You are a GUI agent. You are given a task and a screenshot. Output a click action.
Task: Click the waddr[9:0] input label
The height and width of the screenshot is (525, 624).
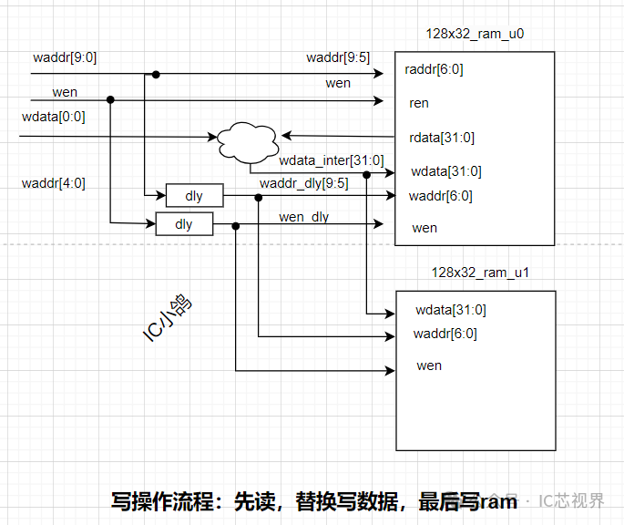(65, 57)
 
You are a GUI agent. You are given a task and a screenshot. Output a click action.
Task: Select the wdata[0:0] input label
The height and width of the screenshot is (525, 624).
(53, 117)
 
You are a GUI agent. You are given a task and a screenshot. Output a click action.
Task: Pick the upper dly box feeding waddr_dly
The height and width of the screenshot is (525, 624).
(194, 195)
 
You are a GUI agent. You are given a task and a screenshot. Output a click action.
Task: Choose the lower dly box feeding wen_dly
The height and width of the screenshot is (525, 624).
(184, 223)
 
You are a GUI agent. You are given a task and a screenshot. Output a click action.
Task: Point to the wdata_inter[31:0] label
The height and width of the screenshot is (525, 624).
(325, 160)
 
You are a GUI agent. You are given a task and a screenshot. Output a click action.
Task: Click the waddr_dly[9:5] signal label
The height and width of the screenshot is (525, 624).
(303, 183)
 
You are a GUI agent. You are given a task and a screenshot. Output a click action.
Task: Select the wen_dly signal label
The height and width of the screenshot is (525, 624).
(303, 217)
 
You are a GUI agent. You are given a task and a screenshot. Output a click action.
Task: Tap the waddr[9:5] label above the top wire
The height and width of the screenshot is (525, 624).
(338, 57)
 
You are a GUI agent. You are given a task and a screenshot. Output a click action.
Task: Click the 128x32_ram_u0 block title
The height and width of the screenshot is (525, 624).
(475, 35)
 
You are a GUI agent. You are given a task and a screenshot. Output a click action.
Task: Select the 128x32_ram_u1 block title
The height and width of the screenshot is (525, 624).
(479, 273)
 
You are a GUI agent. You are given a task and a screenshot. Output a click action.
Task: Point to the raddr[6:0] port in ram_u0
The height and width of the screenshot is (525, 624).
(434, 69)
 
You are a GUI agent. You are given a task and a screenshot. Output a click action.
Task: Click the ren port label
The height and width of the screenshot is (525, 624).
(419, 103)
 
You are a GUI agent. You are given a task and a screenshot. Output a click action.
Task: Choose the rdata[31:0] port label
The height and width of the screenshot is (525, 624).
(441, 138)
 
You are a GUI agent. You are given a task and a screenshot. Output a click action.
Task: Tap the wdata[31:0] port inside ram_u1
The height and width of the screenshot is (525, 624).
(450, 309)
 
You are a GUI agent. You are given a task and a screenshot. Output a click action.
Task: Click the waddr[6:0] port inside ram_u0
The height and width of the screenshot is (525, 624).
(440, 195)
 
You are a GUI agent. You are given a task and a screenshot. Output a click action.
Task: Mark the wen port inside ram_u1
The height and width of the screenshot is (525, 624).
(428, 365)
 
